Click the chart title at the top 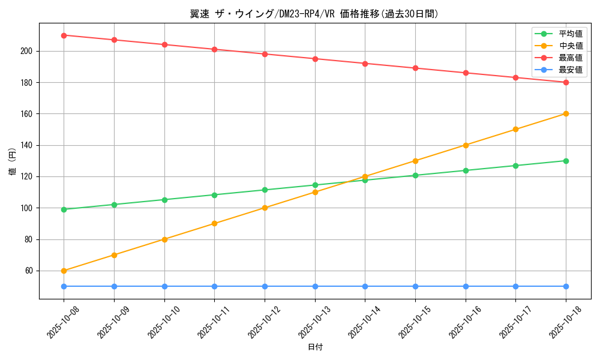pyautogui.click(x=314, y=14)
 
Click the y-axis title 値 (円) pyautogui.click(x=12, y=161)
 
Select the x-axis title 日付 pyautogui.click(x=314, y=347)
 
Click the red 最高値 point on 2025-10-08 pyautogui.click(x=64, y=35)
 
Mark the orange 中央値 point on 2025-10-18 pyautogui.click(x=566, y=113)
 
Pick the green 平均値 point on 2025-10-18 pyautogui.click(x=566, y=161)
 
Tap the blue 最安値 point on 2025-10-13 pyautogui.click(x=315, y=286)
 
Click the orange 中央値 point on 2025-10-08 pyautogui.click(x=64, y=271)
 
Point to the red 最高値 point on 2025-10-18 pyautogui.click(x=566, y=82)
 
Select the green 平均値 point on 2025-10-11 pyautogui.click(x=214, y=195)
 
